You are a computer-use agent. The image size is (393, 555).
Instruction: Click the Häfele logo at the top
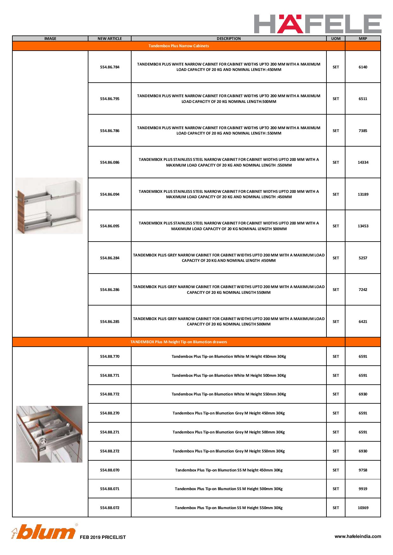pyautogui.click(x=318, y=24)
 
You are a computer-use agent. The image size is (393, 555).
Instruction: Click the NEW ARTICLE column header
pyautogui.click(x=110, y=39)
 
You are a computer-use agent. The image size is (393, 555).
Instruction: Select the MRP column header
pyautogui.click(x=363, y=39)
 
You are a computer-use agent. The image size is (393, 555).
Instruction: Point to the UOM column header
pyautogui.click(x=336, y=39)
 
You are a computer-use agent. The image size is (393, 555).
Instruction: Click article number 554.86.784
pyautogui.click(x=110, y=67)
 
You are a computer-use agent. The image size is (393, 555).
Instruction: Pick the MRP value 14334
pyautogui.click(x=363, y=162)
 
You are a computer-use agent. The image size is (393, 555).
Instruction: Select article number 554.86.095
pyautogui.click(x=110, y=226)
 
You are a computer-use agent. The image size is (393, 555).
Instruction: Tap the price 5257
pyautogui.click(x=363, y=258)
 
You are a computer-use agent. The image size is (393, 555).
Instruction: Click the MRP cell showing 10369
pyautogui.click(x=363, y=508)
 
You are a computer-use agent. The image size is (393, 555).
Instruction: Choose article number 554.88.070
pyautogui.click(x=110, y=470)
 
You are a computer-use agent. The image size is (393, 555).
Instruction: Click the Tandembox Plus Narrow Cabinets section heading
pyautogui.click(x=179, y=46)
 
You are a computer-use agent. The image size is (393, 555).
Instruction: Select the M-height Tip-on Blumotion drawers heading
pyautogui.click(x=179, y=342)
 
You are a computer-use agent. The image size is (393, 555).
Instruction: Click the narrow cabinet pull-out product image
pyautogui.click(x=49, y=206)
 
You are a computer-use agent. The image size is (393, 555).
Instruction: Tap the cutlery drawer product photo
pyautogui.click(x=49, y=434)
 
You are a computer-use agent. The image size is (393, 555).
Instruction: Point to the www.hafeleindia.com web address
pyautogui.click(x=358, y=536)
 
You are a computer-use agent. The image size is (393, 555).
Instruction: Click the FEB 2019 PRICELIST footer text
pyautogui.click(x=103, y=537)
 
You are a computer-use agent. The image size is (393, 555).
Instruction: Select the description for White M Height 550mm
pyautogui.click(x=229, y=394)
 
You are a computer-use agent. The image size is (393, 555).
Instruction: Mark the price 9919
pyautogui.click(x=363, y=489)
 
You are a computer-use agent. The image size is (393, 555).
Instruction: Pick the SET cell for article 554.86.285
pyautogui.click(x=336, y=322)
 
